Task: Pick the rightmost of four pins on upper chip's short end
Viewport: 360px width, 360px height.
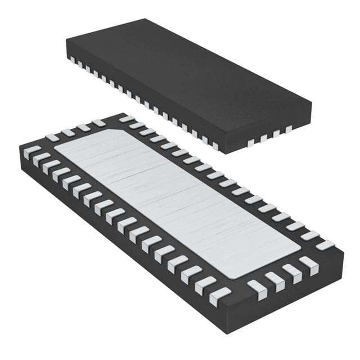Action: (288, 130)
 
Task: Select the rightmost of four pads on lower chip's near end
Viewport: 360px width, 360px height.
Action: (309, 264)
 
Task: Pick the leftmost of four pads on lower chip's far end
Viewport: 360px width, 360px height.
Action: (52, 137)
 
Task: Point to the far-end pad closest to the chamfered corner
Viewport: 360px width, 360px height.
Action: (99, 123)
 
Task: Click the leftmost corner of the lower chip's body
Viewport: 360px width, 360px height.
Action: (19, 147)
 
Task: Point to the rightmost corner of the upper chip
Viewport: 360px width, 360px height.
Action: (311, 104)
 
